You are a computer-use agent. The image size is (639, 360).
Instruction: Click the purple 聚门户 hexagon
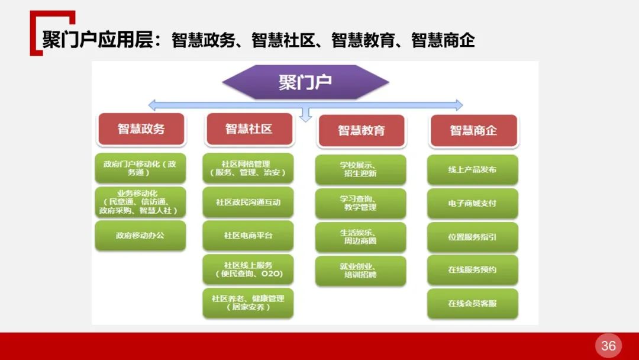click(305, 82)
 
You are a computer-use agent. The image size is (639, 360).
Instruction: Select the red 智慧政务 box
click(141, 129)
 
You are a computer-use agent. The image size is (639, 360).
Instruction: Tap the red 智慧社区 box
click(248, 129)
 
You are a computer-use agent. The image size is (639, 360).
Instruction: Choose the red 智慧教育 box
click(361, 130)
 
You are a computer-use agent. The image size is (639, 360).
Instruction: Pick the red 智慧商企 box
click(473, 130)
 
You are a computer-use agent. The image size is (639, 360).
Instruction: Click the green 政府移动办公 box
click(140, 235)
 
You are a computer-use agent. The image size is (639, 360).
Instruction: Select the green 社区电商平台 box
click(248, 235)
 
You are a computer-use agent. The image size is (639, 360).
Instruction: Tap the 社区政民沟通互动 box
click(248, 202)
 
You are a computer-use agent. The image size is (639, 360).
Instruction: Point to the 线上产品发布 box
click(472, 170)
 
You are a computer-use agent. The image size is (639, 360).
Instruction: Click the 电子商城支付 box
click(472, 203)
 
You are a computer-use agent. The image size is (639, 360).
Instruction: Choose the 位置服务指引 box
click(472, 236)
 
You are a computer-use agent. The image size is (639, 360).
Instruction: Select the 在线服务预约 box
click(472, 269)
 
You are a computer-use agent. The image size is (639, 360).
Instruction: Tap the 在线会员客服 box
click(472, 303)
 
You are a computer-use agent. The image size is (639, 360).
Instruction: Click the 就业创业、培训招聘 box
click(360, 271)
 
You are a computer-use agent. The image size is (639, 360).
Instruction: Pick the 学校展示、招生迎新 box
click(360, 169)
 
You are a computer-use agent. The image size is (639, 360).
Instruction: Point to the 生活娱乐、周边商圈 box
click(360, 237)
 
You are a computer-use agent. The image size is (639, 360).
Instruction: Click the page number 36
click(608, 346)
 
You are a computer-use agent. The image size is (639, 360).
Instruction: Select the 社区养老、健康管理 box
click(248, 303)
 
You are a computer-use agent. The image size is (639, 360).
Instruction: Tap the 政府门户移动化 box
click(140, 168)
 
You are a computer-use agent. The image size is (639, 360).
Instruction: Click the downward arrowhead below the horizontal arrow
click(305, 117)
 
